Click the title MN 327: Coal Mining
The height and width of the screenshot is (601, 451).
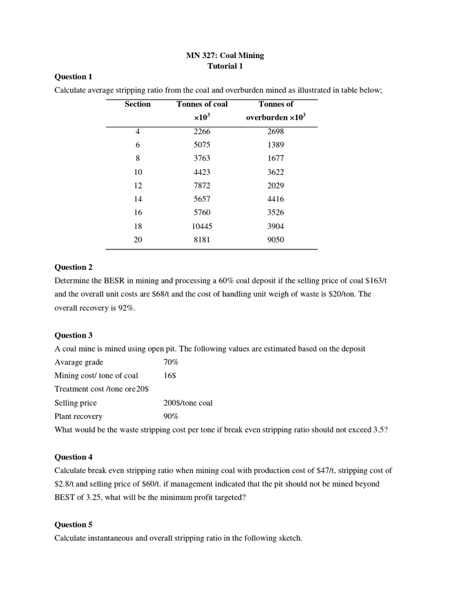pyautogui.click(x=225, y=55)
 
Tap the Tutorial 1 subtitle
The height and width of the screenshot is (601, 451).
pyautogui.click(x=225, y=66)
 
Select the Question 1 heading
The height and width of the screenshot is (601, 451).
pyautogui.click(x=73, y=76)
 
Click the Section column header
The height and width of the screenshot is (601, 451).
pyautogui.click(x=137, y=104)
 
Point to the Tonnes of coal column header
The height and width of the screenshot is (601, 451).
pyautogui.click(x=202, y=104)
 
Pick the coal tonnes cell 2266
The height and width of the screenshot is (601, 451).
pyautogui.click(x=201, y=131)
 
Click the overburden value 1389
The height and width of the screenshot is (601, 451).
pyautogui.click(x=275, y=145)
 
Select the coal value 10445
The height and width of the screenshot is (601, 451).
pyautogui.click(x=201, y=226)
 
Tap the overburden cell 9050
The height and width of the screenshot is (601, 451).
pyautogui.click(x=275, y=239)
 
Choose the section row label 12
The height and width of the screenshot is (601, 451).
pyautogui.click(x=137, y=185)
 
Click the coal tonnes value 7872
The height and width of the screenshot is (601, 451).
pyautogui.click(x=201, y=185)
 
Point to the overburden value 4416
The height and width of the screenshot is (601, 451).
pyautogui.click(x=275, y=199)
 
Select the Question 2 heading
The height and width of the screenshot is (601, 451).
pyautogui.click(x=73, y=267)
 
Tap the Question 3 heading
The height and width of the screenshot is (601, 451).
pyautogui.click(x=73, y=335)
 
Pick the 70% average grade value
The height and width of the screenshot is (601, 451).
pyautogui.click(x=171, y=362)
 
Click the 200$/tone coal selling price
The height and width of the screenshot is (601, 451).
pyautogui.click(x=188, y=403)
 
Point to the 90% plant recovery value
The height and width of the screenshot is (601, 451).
pyautogui.click(x=171, y=416)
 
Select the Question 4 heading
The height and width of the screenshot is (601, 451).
pyautogui.click(x=73, y=457)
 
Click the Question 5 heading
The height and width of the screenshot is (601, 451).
pyautogui.click(x=73, y=524)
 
